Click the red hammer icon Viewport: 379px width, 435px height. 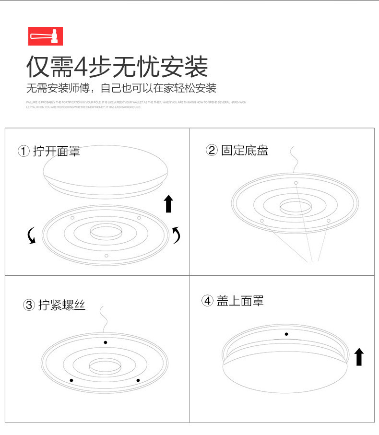[x=46, y=36]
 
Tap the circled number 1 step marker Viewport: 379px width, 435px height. [x=24, y=151]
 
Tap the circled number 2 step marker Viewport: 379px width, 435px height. [x=212, y=150]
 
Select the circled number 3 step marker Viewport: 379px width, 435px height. [x=29, y=305]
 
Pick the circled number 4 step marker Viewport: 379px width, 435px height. [x=207, y=301]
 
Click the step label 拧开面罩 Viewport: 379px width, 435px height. [x=56, y=151]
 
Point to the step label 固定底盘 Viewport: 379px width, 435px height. [x=245, y=150]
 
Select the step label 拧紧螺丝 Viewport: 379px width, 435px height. [x=62, y=305]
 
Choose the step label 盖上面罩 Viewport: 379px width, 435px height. [x=240, y=301]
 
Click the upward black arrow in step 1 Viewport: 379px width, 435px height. [x=168, y=203]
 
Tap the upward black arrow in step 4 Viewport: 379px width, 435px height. [x=359, y=357]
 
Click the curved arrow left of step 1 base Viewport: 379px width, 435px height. [x=32, y=235]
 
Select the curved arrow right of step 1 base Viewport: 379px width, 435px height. [x=177, y=235]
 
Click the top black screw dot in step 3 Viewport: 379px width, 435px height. [x=106, y=342]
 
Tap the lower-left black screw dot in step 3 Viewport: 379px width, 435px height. [x=71, y=380]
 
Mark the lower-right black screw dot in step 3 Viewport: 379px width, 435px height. [x=138, y=380]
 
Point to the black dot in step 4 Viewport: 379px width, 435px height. [x=286, y=334]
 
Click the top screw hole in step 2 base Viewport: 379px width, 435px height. [x=296, y=183]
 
